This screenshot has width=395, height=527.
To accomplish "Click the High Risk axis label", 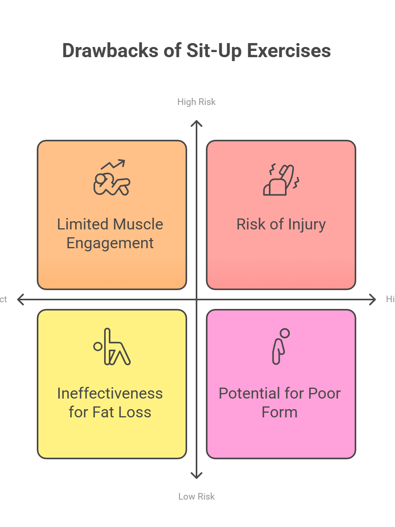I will click(x=197, y=102).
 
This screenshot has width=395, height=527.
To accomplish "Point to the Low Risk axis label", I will click(x=197, y=496).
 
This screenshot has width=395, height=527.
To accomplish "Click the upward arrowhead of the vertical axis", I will click(x=197, y=123).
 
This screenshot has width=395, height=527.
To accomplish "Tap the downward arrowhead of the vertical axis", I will click(x=197, y=476).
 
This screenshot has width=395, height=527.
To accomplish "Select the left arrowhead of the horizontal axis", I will click(x=20, y=300).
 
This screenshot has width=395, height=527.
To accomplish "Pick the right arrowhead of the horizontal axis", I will click(x=373, y=300).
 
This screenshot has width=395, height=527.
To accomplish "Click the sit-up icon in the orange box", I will click(x=112, y=178).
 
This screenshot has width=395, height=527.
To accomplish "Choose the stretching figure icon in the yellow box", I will click(x=112, y=347).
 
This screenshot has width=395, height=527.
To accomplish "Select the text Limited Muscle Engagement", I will click(x=110, y=234).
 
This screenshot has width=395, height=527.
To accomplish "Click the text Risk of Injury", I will click(x=281, y=224).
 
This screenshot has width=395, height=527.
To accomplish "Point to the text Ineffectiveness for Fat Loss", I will click(x=110, y=402).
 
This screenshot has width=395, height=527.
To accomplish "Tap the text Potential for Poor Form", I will click(x=280, y=402).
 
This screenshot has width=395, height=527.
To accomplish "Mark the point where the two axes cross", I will click(x=197, y=300).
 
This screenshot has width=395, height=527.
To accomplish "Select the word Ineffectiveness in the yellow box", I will click(x=110, y=393).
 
